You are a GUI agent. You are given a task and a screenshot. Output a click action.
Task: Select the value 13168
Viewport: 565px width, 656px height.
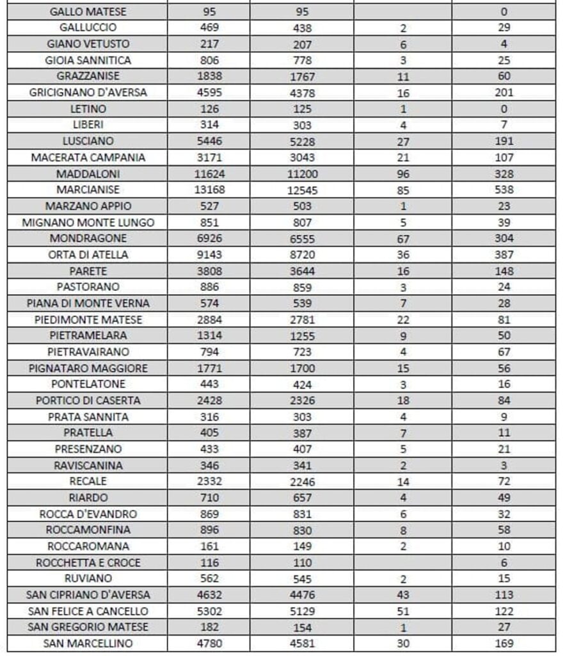209,190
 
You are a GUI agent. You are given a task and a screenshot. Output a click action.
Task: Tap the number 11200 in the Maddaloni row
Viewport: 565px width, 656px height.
299,174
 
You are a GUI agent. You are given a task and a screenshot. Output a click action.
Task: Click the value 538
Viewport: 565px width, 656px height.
504,190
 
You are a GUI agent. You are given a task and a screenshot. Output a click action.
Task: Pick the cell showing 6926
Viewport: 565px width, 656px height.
209,238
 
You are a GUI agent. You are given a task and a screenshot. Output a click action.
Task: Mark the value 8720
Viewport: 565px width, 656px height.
299,255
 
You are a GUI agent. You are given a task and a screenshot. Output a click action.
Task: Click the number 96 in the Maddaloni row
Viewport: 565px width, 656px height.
402,174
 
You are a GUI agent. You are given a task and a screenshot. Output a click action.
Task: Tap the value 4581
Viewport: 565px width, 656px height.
299,644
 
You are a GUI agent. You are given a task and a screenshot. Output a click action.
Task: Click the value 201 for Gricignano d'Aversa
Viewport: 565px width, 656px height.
504,92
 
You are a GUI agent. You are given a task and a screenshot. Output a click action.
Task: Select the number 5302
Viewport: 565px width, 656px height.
209,611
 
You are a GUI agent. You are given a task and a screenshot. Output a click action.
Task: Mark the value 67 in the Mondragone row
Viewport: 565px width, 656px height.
402,239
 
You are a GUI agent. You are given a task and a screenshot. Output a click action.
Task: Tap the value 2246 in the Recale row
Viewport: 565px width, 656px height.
299,482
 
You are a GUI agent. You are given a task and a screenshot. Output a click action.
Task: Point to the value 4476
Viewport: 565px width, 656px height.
299,595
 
